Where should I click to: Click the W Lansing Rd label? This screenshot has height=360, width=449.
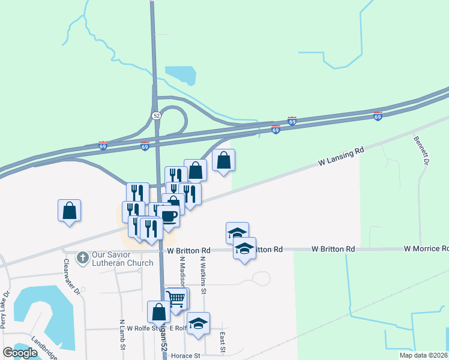click(x=341, y=157)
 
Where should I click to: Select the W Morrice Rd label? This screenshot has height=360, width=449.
click(x=426, y=248)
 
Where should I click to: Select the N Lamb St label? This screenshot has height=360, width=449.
click(x=122, y=334)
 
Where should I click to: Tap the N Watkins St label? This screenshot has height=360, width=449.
click(x=203, y=275)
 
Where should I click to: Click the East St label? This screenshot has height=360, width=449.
click(x=223, y=342)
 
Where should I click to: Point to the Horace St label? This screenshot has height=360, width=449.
click(x=184, y=355)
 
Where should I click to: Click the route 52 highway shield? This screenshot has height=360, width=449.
click(x=156, y=115)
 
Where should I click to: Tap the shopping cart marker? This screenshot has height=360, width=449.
click(x=175, y=298)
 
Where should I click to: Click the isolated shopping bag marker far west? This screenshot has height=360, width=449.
click(x=69, y=210)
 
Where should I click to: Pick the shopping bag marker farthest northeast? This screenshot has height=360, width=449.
click(x=223, y=160)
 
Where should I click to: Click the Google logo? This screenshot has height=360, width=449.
click(x=20, y=353)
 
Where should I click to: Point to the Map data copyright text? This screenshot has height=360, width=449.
click(x=423, y=355)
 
